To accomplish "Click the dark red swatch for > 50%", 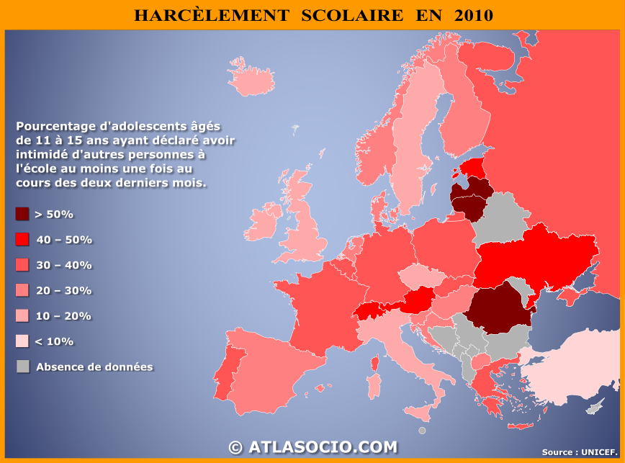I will [22, 214].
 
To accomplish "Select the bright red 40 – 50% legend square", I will [22, 240].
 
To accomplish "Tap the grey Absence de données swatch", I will [22, 367].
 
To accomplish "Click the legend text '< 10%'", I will [54, 341].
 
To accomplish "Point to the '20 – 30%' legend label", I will [63, 290].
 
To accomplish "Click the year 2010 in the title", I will [474, 15].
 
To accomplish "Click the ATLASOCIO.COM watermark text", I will [322, 447].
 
